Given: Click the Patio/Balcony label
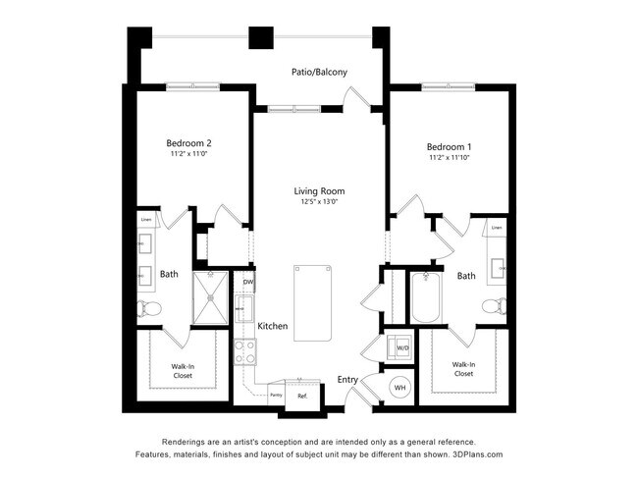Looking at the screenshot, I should pyautogui.click(x=319, y=72).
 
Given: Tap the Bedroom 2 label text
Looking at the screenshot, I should pyautogui.click(x=188, y=142).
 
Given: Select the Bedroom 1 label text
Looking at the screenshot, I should pyautogui.click(x=450, y=143).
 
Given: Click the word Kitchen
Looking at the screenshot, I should pyautogui.click(x=272, y=326).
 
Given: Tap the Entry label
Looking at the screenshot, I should pyautogui.click(x=347, y=380).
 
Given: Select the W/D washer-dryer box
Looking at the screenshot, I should pyautogui.click(x=401, y=346).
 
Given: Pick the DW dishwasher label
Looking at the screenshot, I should pyautogui.click(x=248, y=284).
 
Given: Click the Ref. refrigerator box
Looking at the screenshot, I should pyautogui.click(x=303, y=396).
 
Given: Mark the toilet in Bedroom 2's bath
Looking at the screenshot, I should pyautogui.click(x=150, y=307).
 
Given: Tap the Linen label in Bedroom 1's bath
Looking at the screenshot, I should pyautogui.click(x=497, y=228).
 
